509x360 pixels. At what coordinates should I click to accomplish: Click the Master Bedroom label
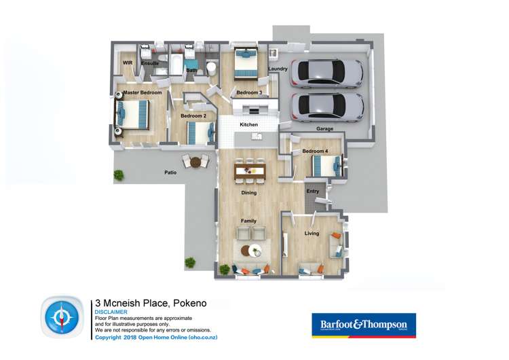tap(143, 92)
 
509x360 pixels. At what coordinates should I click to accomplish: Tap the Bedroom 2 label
tap(193, 116)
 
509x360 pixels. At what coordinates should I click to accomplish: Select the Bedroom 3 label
tap(249, 92)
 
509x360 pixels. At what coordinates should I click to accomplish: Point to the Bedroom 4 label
tap(316, 151)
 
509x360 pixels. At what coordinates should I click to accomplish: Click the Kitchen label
tap(249, 125)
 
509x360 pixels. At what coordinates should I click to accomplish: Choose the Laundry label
tap(278, 69)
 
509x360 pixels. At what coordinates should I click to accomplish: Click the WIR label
tap(127, 62)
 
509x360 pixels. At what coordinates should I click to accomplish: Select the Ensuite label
tap(150, 64)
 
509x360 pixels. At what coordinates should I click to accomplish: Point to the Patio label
tap(170, 173)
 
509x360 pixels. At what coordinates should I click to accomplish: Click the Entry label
tap(312, 192)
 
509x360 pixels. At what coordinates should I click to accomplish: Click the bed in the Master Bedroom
tap(132, 114)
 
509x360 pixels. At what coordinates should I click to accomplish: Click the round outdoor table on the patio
tap(196, 162)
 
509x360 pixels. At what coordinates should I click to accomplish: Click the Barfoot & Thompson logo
tap(363, 325)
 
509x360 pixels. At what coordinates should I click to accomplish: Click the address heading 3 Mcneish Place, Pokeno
tap(151, 303)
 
